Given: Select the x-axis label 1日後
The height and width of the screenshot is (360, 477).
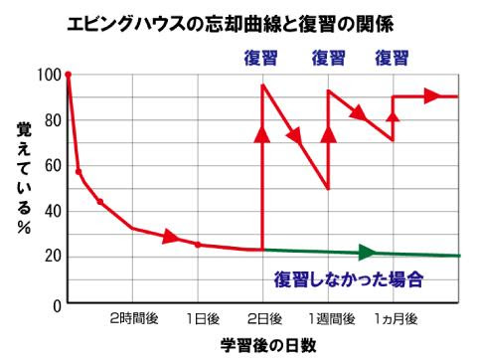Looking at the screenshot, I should [200, 319].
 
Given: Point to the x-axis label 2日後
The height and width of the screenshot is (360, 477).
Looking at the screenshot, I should [263, 319].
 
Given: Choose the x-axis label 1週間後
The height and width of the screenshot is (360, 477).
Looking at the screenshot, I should [329, 319].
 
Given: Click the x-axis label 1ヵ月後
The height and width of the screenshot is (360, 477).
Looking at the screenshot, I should [395, 319].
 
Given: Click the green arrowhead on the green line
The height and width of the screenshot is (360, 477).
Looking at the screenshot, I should [367, 253].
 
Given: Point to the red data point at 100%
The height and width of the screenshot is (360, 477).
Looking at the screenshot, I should [68, 75].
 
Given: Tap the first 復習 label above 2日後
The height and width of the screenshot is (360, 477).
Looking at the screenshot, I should [263, 57].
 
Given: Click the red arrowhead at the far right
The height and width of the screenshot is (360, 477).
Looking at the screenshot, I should [431, 96].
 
